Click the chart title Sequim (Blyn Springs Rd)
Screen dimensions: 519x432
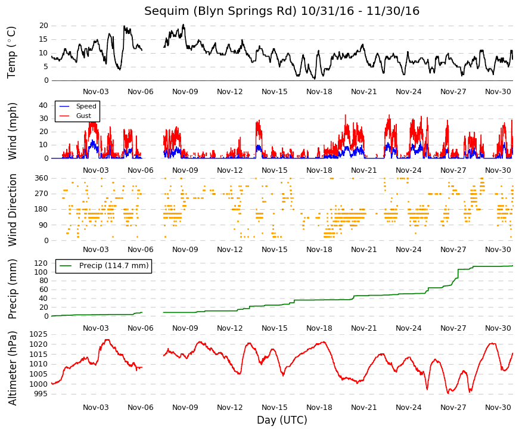(x=220, y=11)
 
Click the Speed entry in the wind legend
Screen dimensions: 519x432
(x=86, y=106)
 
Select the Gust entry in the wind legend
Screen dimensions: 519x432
(x=83, y=116)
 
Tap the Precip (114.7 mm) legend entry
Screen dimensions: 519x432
(x=114, y=266)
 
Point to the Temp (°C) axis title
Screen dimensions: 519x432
(x=11, y=52)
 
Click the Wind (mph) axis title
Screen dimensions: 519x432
(x=12, y=132)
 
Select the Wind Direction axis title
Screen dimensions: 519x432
(x=12, y=210)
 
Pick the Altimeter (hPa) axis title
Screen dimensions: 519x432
(x=12, y=368)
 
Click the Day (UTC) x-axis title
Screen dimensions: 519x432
(x=282, y=420)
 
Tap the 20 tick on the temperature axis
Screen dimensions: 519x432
(x=43, y=26)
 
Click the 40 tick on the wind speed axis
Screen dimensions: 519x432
(x=43, y=105)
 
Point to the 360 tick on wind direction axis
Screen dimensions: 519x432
(x=41, y=178)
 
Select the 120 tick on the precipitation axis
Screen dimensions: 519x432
(x=41, y=263)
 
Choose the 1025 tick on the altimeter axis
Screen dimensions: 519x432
(x=39, y=334)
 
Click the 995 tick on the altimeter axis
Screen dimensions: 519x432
(x=41, y=394)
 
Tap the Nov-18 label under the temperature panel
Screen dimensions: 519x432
(x=319, y=92)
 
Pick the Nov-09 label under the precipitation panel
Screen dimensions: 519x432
(x=185, y=328)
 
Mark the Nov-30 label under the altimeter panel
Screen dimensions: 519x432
(x=498, y=408)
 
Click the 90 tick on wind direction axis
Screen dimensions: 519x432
(x=43, y=225)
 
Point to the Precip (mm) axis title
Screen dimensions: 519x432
(x=12, y=289)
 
